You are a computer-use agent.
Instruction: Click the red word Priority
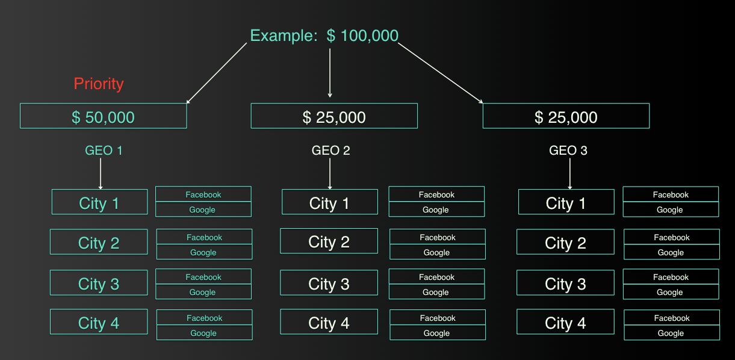99,84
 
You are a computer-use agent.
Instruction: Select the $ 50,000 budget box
103,116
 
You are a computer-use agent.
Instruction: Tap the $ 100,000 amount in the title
362,36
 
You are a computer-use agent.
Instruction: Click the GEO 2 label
330,151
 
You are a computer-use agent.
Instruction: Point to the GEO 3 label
568,151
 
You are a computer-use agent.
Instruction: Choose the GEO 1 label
104,151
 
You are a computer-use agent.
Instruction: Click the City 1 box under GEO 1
99,202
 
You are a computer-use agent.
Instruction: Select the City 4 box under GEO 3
565,322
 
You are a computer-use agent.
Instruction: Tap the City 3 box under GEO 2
329,283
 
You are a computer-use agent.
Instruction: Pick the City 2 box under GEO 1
99,242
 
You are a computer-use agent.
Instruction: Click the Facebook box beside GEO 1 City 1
203,194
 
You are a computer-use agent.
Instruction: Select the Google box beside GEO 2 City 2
437,252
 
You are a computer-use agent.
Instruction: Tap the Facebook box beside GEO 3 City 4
672,318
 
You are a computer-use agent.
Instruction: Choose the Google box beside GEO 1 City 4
204,333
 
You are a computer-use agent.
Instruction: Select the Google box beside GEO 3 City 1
670,209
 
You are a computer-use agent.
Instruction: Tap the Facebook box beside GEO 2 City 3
436,277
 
